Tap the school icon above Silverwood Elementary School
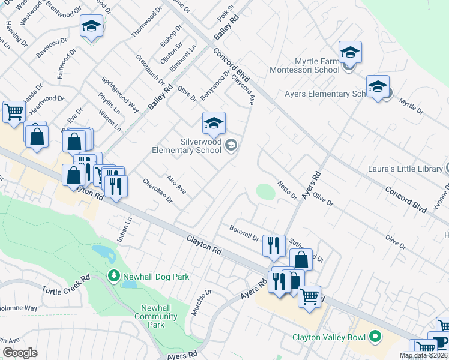coord(214,123)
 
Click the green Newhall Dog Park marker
coord(112,276)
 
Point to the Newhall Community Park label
coord(149,316)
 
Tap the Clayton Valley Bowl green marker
coord(376,337)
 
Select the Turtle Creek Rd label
coord(66,285)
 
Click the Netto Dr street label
coord(287,190)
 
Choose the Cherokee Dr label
coord(157,191)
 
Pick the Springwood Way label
coord(120,95)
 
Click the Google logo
coord(20,353)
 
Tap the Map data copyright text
coord(424,356)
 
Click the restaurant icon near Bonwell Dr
coord(274,245)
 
